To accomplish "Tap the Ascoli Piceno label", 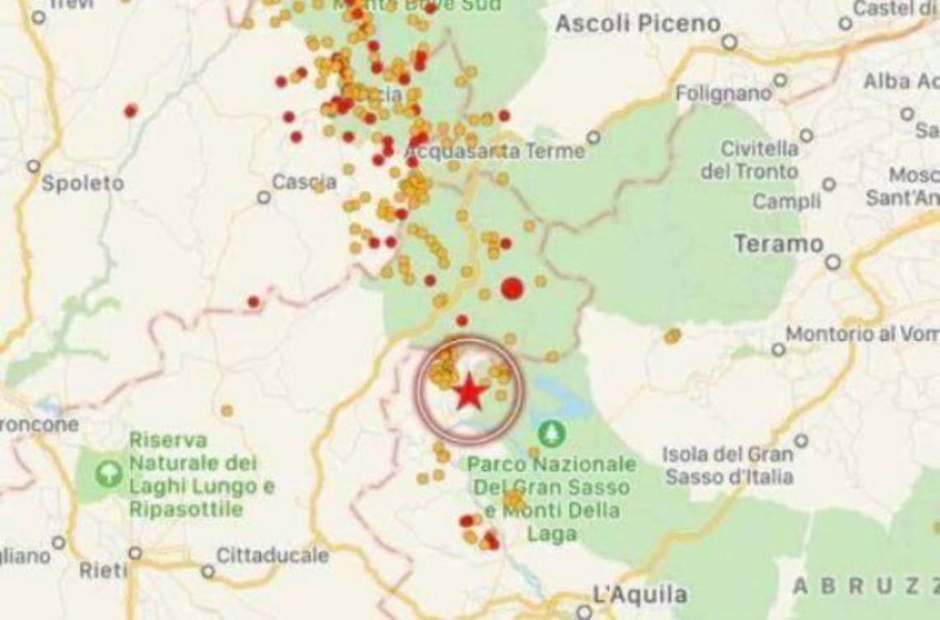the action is pos(637,24).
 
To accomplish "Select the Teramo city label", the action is pos(778,243).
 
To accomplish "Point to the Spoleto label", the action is pos(82,183).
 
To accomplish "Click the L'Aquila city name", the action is pos(628,594).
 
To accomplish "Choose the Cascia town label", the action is pos(303,181).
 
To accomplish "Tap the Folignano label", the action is pos(723,93).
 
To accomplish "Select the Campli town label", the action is pos(786,200).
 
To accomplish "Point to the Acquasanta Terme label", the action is pos(496,152).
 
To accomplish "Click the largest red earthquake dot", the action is pos(512,288).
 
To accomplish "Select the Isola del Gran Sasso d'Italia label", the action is pos(729,465).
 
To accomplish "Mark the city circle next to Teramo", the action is pos(833,262).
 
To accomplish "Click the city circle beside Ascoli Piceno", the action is pos(729,42).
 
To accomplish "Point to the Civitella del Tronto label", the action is pos(749,160).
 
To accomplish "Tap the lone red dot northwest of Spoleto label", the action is pos(130,110).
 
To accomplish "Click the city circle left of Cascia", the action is pos(264,198).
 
